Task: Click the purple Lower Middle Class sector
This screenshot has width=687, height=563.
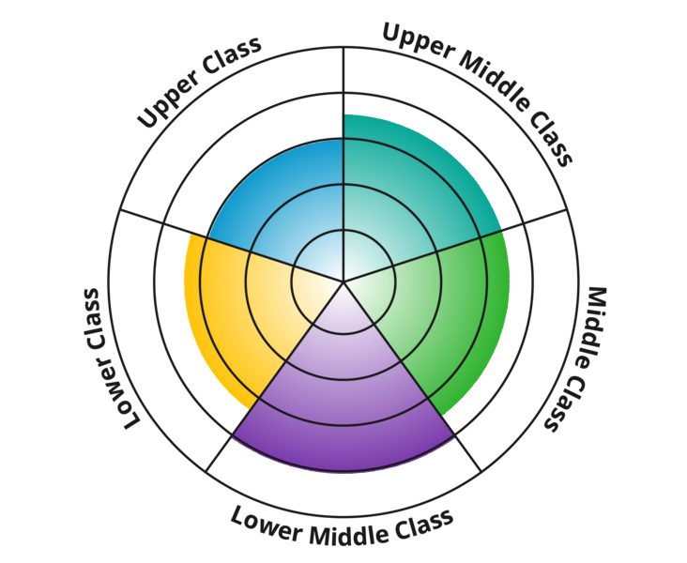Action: click(343, 403)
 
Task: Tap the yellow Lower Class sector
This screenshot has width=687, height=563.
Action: click(235, 310)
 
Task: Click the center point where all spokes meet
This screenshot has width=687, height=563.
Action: click(343, 281)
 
